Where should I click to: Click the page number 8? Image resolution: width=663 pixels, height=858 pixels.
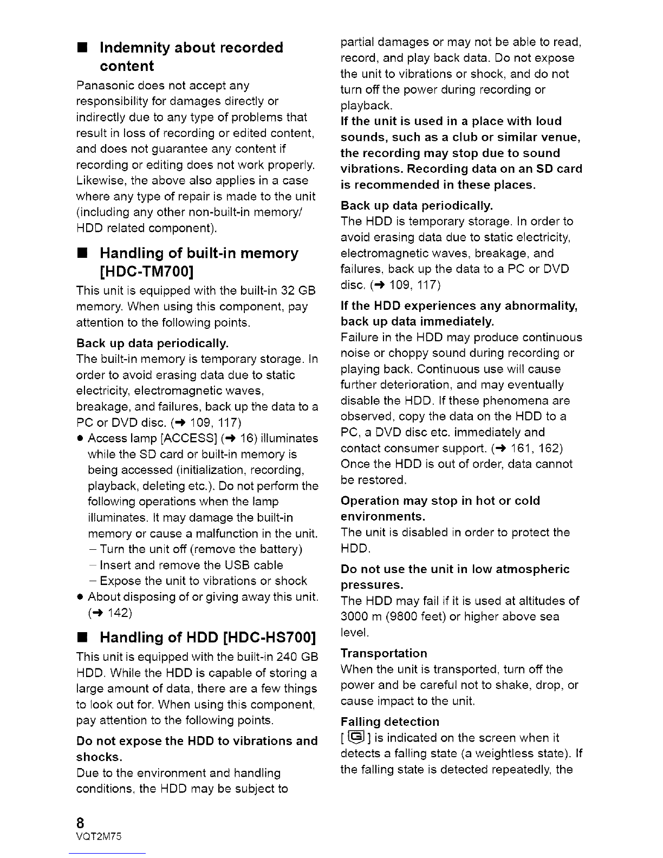click(81, 822)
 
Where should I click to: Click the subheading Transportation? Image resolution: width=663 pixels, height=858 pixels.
click(383, 653)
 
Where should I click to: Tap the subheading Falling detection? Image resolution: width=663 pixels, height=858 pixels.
click(389, 722)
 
